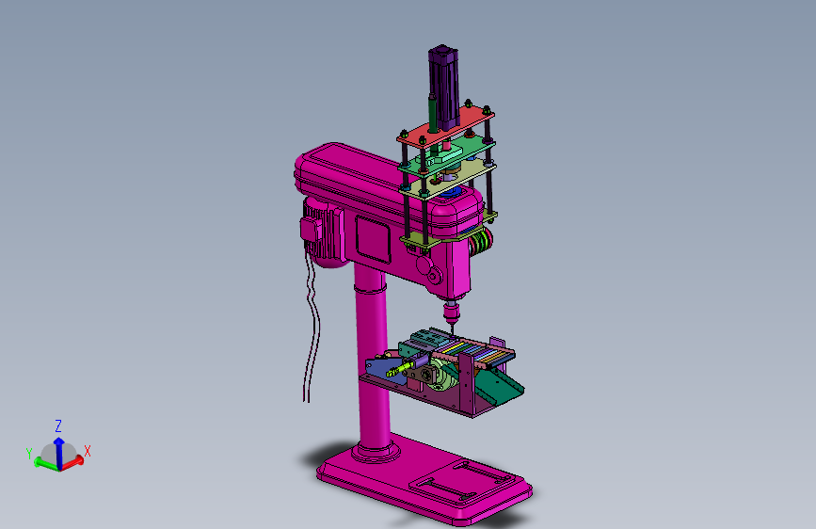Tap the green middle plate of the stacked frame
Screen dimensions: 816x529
tap(446, 154)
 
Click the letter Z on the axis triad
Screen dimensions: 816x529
tap(58, 426)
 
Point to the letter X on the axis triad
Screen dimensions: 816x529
tap(88, 451)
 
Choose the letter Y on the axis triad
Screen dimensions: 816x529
tap(29, 454)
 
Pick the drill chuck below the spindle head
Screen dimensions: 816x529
tap(450, 312)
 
